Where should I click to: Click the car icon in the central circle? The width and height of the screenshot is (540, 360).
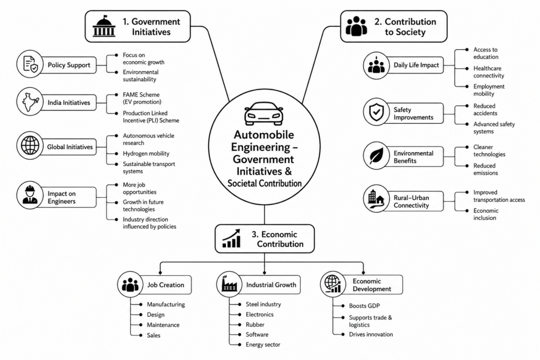[264, 114]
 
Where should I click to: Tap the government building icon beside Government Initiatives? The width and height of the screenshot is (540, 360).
[104, 26]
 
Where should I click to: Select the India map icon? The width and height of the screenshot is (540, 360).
[30, 102]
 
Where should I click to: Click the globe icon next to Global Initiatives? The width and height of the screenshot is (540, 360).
[30, 145]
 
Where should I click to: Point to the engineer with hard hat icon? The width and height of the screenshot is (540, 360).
[30, 195]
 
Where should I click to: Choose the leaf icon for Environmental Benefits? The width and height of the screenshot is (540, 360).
[377, 156]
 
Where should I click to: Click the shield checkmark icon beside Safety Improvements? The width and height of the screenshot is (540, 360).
[377, 112]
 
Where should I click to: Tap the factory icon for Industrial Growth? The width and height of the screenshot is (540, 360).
[229, 284]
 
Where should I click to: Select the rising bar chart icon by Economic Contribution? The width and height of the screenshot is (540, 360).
[231, 239]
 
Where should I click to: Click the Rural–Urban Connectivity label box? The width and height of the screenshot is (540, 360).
[413, 201]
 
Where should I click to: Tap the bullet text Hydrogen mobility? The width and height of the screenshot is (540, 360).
[146, 153]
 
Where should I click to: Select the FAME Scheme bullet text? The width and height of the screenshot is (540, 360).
[142, 98]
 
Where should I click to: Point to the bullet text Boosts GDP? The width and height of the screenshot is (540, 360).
[364, 306]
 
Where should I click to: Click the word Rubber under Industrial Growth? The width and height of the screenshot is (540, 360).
[255, 325]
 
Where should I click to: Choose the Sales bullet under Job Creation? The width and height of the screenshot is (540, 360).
[153, 335]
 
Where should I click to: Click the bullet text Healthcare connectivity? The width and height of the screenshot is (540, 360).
[489, 72]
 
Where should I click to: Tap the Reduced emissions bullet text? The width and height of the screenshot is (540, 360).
[486, 169]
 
